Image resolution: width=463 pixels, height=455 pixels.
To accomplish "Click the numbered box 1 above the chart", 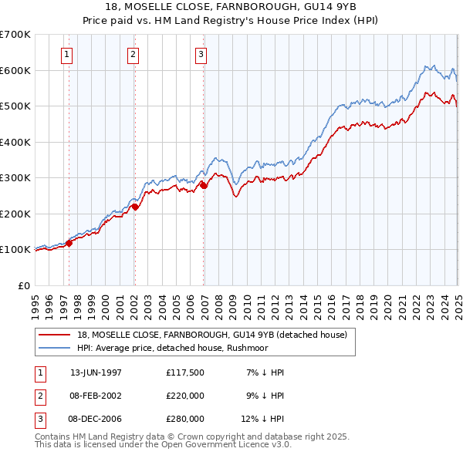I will click(68, 54).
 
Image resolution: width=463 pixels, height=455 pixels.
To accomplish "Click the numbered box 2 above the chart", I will click(133, 54).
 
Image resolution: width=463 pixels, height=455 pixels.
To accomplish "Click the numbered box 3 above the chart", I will click(201, 54).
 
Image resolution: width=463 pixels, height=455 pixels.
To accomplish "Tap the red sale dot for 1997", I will click(69, 243).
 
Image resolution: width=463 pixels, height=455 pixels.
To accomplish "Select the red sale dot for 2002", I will click(134, 207).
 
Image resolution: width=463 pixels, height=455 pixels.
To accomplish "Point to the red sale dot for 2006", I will click(204, 185).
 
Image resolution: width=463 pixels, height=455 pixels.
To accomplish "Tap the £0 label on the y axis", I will click(23, 285).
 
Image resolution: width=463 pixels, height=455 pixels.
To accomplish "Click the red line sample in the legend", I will click(55, 335).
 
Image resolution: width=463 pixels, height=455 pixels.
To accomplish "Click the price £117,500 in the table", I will click(184, 372).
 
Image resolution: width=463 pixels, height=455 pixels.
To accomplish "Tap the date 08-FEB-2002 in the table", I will click(96, 396).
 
